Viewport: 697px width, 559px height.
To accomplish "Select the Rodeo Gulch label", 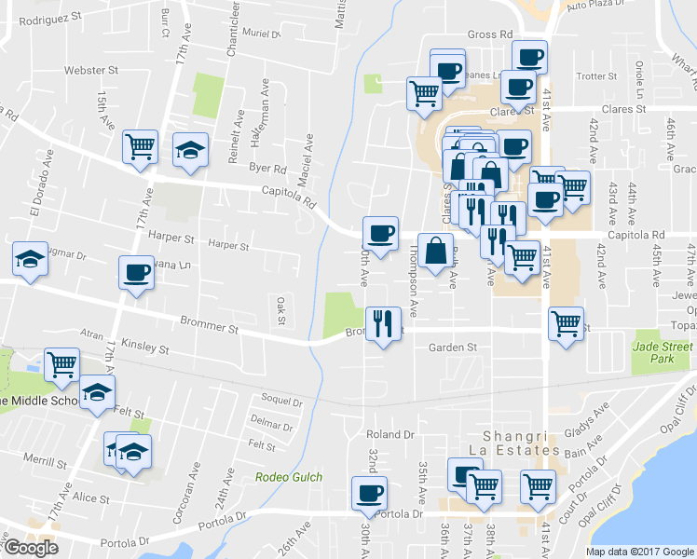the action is [289, 477].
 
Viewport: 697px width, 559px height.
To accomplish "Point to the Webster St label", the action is [90, 70].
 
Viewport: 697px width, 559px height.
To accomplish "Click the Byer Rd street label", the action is [267, 169].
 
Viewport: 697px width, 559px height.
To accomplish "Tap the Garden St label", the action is [452, 348].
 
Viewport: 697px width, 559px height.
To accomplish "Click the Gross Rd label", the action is [490, 34].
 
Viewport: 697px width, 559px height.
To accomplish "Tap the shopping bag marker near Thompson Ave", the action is [435, 251].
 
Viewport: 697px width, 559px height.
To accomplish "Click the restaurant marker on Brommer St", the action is [382, 324].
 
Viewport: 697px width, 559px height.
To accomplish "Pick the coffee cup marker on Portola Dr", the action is [369, 492].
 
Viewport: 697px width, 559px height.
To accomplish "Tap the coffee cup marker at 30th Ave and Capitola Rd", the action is [378, 233].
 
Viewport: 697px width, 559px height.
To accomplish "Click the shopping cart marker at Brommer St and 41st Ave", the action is [566, 324].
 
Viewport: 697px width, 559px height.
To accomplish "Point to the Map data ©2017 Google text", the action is [639, 551].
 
